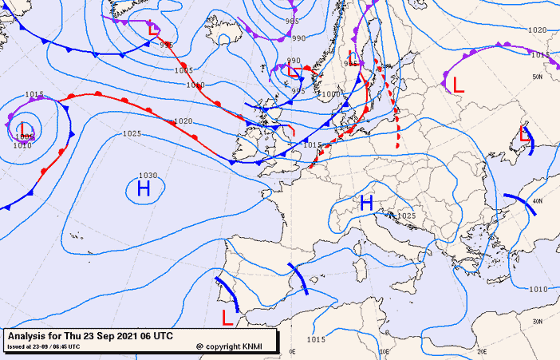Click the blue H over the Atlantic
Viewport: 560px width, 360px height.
coord(144,188)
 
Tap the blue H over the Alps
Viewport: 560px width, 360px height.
coord(367,203)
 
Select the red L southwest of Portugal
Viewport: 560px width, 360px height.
coord(227,318)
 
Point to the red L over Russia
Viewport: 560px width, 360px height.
coord(456,84)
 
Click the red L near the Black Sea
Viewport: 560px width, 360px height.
coord(524,133)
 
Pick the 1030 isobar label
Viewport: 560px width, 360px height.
coord(148,176)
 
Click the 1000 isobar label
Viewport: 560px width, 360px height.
coord(329,94)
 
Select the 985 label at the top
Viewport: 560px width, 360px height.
coord(292,22)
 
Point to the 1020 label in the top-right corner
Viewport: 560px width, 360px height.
coord(538,30)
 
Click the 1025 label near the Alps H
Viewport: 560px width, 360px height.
coord(407,216)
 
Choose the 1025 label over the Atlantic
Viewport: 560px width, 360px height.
coord(132,133)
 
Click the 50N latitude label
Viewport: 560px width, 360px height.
coord(538,77)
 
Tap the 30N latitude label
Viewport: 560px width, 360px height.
coord(538,322)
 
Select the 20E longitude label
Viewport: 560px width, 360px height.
coord(482,350)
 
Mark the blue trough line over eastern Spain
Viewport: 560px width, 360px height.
coord(297,279)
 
